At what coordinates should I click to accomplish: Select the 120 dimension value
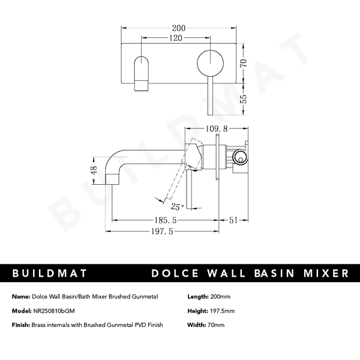[175, 38]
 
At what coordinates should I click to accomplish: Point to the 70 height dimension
[244, 64]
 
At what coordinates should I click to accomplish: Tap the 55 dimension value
[244, 99]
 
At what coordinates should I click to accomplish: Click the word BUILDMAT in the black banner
[50, 274]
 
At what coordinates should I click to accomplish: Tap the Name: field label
[20, 296]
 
